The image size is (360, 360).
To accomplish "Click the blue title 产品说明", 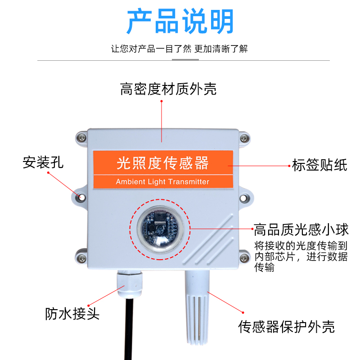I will pyautogui.click(x=180, y=21).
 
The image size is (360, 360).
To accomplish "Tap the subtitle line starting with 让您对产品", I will pyautogui.click(x=180, y=49).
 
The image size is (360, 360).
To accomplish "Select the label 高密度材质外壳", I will pyautogui.click(x=168, y=89).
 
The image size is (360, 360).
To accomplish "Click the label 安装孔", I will pyautogui.click(x=43, y=162).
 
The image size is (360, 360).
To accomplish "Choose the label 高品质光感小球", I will pyautogui.click(x=301, y=230).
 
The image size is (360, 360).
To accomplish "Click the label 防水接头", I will pyautogui.click(x=72, y=313).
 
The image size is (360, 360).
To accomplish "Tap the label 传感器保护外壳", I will pyautogui.click(x=286, y=326).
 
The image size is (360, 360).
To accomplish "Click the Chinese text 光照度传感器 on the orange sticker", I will pyautogui.click(x=162, y=163).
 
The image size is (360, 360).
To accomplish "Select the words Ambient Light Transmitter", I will pyautogui.click(x=162, y=182).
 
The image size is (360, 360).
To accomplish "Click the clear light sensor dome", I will pyautogui.click(x=160, y=228).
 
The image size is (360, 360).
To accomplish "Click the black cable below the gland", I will pyautogui.click(x=130, y=328).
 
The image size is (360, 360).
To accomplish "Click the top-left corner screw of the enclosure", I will pyautogui.click(x=81, y=137).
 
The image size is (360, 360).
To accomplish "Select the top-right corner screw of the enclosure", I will pyautogui.click(x=243, y=137).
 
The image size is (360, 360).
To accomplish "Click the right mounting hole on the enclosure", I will pyautogui.click(x=244, y=197).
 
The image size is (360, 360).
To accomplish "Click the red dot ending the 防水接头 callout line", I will pyautogui.click(x=88, y=305).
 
